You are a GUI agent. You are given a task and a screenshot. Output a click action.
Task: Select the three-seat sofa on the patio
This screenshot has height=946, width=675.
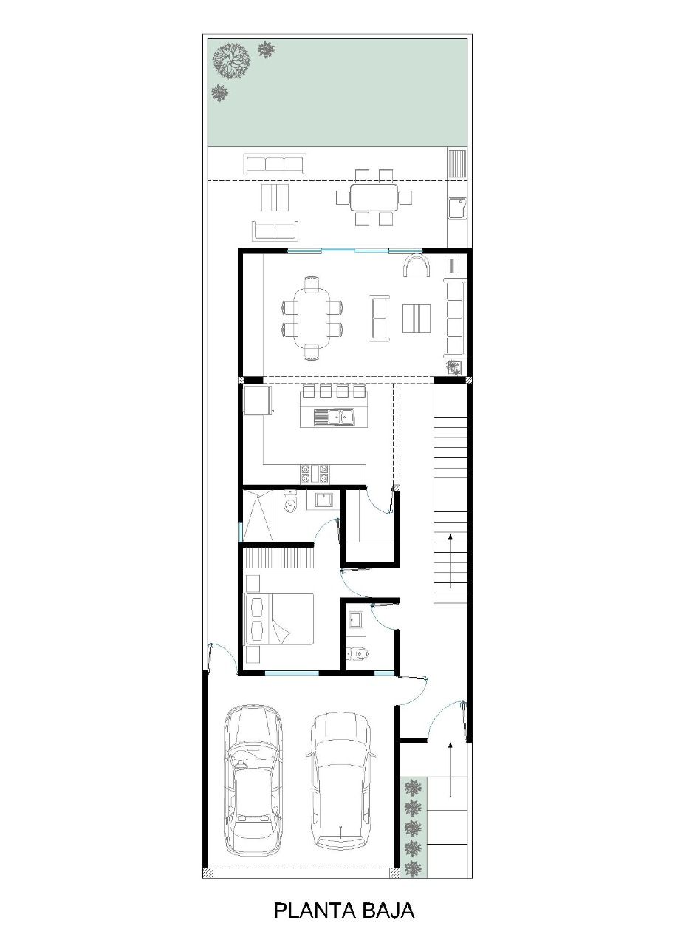tap(275, 164)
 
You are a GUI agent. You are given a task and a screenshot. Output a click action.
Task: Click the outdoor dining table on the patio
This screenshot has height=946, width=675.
tap(374, 197)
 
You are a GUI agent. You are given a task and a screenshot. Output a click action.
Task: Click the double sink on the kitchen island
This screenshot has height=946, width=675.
tap(333, 417)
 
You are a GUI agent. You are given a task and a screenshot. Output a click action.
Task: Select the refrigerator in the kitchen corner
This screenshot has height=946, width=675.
tap(257, 399)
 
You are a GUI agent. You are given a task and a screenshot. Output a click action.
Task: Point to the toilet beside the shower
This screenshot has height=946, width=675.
tap(289, 502)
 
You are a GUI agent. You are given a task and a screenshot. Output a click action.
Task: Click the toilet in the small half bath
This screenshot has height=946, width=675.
tap(357, 654)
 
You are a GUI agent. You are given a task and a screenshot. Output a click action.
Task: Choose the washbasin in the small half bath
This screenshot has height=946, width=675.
tap(357, 622)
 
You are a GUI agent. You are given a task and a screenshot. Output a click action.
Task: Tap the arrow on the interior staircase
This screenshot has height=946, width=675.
tap(450, 560)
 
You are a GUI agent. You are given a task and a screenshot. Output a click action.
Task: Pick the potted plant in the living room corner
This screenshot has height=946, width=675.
tap(454, 367)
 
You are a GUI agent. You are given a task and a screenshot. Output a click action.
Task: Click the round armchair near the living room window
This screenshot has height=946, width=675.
tap(417, 265)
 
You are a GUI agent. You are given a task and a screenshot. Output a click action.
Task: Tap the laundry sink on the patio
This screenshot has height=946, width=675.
tap(457, 208)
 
